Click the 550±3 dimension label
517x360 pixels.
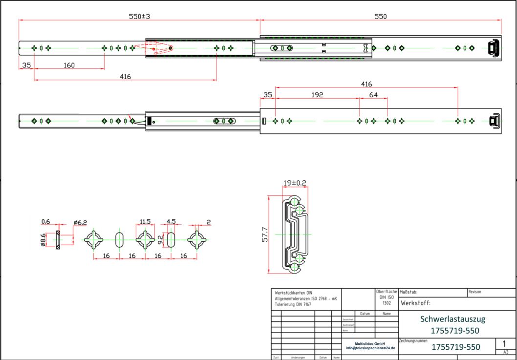(x=139, y=16)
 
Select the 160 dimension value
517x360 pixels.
(x=68, y=65)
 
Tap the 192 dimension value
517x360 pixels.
(x=317, y=95)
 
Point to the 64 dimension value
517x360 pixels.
(x=373, y=95)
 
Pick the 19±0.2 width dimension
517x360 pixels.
(x=295, y=183)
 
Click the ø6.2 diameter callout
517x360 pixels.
(x=80, y=222)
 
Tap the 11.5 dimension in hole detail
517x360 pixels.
(x=145, y=221)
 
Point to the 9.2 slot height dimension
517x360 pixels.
(x=160, y=239)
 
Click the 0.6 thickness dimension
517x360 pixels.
(x=45, y=221)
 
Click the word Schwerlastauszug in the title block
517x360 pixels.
(x=452, y=319)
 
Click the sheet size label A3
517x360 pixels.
(x=506, y=352)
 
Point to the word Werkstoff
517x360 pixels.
(x=416, y=303)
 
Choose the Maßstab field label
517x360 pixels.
(x=408, y=292)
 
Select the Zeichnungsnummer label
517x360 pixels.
(x=414, y=339)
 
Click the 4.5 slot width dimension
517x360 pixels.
(x=172, y=221)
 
